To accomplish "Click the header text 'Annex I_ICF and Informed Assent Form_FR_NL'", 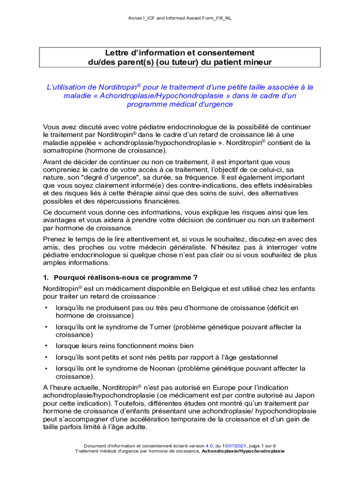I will click(x=180, y=18).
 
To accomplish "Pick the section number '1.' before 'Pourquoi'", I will click(x=46, y=277).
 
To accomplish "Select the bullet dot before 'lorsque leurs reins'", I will click(x=46, y=346).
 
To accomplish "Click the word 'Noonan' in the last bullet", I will click(x=162, y=369).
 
